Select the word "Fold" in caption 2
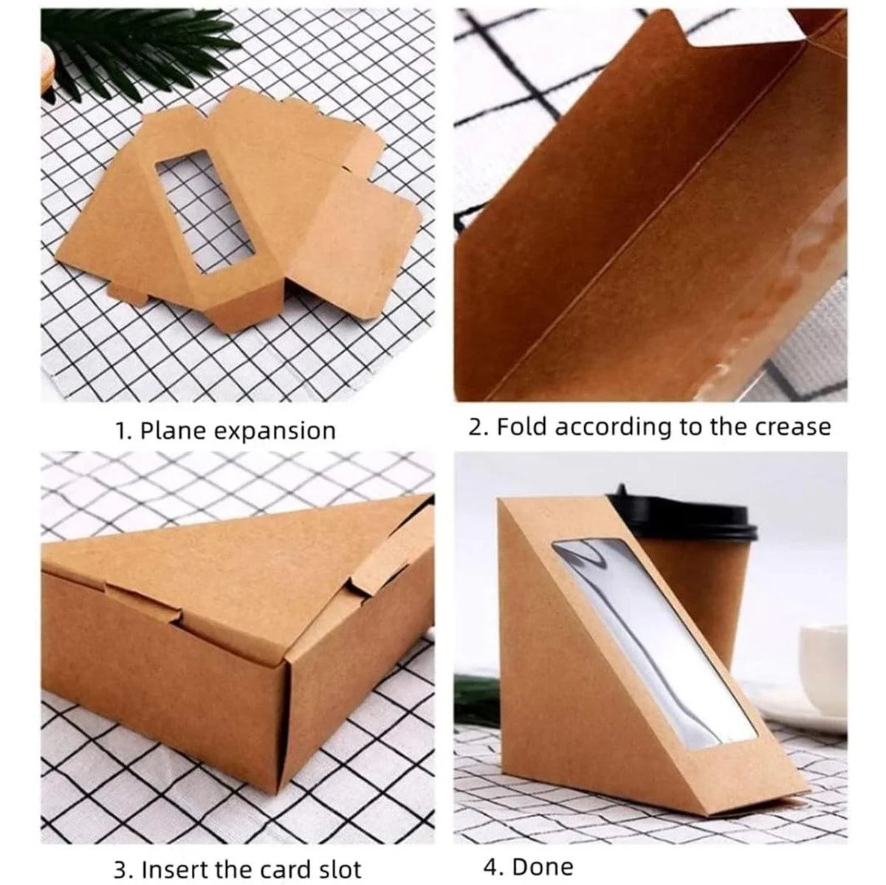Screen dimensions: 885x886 point(522,427)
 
